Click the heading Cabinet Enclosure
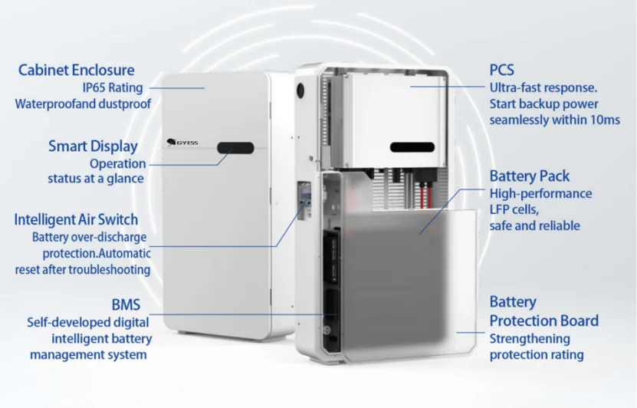tap(76, 71)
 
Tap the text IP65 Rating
tap(113, 87)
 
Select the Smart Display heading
tap(93, 146)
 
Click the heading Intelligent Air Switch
tap(80, 219)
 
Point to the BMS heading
tap(125, 305)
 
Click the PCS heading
tap(502, 71)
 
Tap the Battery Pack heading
tap(530, 176)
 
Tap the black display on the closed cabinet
tap(235, 147)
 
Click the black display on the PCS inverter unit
tap(412, 147)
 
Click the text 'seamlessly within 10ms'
tap(554, 120)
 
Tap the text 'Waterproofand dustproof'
tap(83, 104)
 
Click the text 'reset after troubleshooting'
tap(83, 270)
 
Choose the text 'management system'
tap(88, 355)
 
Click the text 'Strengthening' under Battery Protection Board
tap(530, 339)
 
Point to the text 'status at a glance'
tap(96, 179)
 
